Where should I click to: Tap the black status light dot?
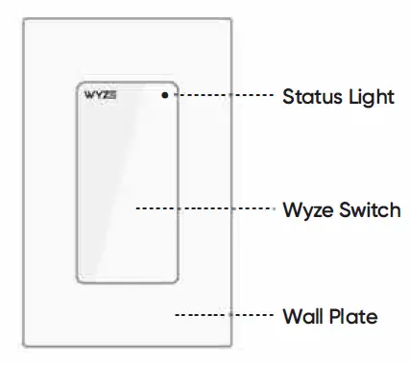[166, 95]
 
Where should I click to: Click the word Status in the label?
[308, 96]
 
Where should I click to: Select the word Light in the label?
[367, 96]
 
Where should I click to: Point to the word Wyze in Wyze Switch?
[305, 208]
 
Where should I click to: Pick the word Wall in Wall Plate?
[301, 315]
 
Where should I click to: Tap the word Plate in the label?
[353, 315]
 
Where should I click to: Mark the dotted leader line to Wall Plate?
[220, 315]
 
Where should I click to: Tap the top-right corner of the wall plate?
[230, 19]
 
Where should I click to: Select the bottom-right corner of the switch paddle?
[176, 281]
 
